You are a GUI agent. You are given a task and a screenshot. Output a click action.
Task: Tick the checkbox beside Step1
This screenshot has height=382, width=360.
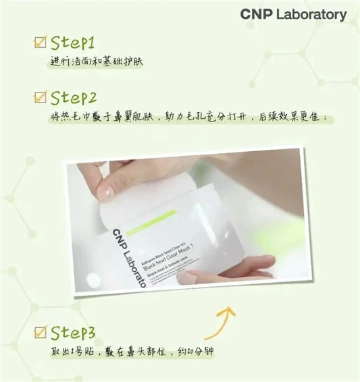(x=41, y=43)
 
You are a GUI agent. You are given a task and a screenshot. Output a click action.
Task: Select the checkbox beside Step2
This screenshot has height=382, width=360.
(x=41, y=97)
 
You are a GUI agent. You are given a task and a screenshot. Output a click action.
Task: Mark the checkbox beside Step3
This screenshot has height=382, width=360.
(x=41, y=332)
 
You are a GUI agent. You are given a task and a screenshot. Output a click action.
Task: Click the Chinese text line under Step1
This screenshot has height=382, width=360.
(x=97, y=63)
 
